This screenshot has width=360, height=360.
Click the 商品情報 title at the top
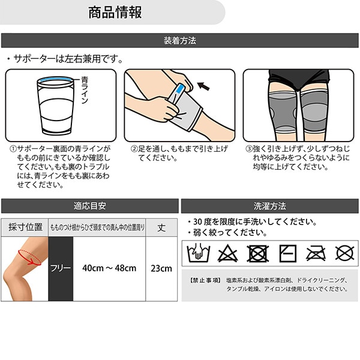coord(115,13)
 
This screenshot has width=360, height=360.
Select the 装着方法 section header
coord(180,41)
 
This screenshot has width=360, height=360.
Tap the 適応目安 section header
coord(90,206)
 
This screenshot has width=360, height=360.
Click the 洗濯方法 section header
coord(270,206)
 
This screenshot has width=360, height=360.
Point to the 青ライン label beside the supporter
coord(85,91)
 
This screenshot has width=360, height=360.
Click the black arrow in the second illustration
coord(203,86)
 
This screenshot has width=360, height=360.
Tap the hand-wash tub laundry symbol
coord(199,253)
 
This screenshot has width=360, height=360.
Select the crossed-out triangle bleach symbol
coord(227,253)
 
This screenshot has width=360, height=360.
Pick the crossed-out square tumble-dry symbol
coord(257,253)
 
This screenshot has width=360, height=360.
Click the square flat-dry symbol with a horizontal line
coord(288,253)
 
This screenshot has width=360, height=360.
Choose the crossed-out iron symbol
coord(316,253)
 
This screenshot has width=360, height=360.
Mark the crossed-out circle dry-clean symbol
coord(344,253)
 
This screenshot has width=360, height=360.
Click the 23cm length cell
coord(161,268)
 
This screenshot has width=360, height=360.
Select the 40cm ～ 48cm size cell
coord(109,268)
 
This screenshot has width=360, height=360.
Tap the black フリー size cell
coord(61,269)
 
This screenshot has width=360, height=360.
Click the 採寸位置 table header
coord(25,227)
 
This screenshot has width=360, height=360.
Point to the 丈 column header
coord(161,227)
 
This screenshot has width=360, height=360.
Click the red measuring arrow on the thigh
coord(29,257)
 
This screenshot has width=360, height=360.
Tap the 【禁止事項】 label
coord(205,280)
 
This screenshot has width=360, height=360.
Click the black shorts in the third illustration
coord(299,78)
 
